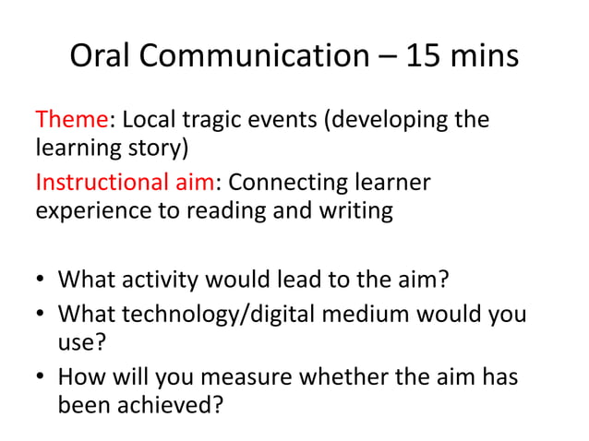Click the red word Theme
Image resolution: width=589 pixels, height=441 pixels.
[72, 121]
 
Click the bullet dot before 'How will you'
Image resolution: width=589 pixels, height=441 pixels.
[42, 377]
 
